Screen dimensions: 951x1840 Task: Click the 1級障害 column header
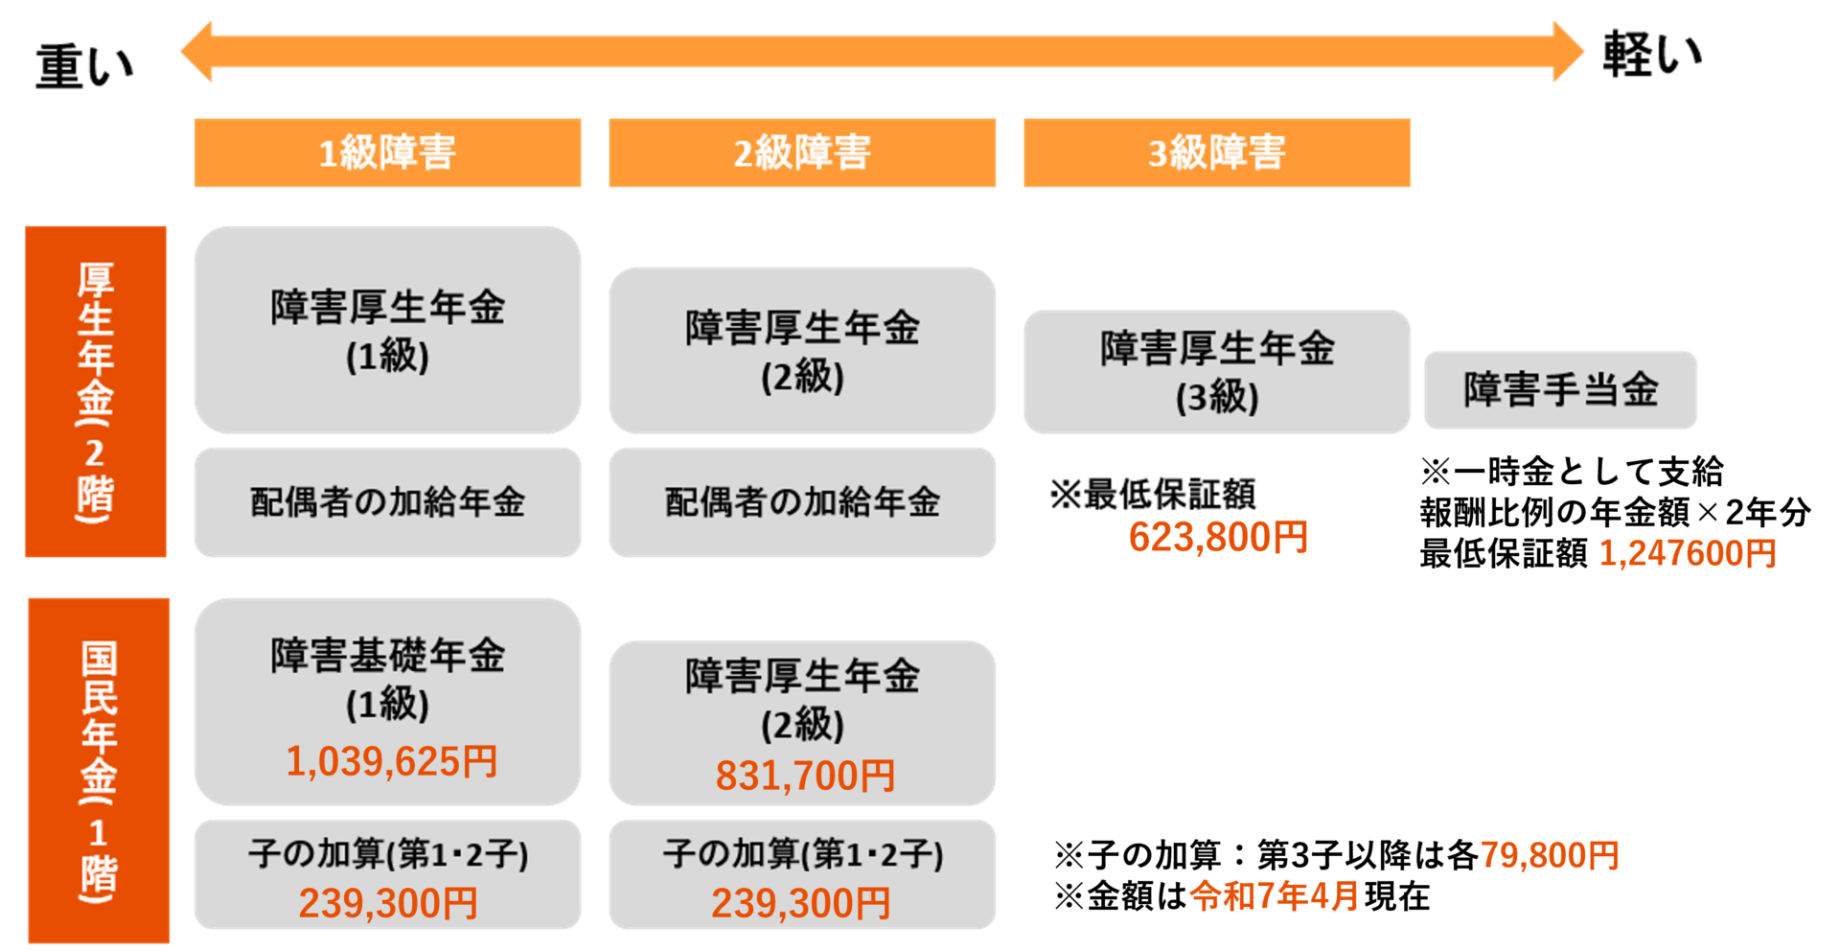click(x=387, y=152)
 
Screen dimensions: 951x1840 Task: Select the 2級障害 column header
click(x=802, y=152)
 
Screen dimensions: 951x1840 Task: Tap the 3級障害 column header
click(x=1216, y=152)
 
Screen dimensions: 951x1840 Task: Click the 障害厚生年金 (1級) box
click(x=387, y=330)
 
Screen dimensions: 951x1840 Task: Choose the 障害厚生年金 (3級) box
click(x=1216, y=371)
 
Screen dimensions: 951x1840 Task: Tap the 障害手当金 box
click(x=1560, y=390)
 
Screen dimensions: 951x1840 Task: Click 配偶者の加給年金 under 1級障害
click(x=387, y=501)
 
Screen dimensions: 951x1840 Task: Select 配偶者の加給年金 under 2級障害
click(x=802, y=501)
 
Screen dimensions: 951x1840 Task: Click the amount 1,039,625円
click(x=392, y=762)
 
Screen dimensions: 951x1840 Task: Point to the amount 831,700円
click(x=805, y=776)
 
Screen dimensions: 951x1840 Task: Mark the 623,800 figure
click(x=1198, y=538)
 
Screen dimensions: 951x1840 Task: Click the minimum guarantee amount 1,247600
click(x=1671, y=554)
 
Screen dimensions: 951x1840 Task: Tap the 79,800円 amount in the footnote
click(x=1550, y=854)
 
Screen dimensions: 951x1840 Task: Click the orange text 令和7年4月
click(x=1275, y=896)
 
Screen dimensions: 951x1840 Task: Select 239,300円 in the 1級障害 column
click(x=388, y=903)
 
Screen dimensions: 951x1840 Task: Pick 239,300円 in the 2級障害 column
click(x=801, y=903)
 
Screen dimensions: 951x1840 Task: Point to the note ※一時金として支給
click(x=1572, y=472)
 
